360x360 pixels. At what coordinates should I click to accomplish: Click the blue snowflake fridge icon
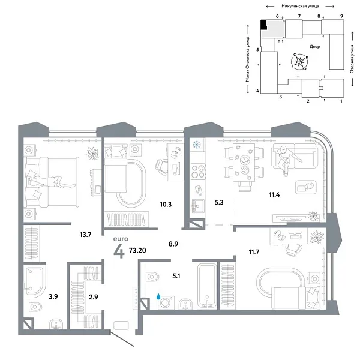click(195, 145)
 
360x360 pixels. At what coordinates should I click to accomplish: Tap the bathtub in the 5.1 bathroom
click(206, 289)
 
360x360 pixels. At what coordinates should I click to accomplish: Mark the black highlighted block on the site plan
click(263, 25)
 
